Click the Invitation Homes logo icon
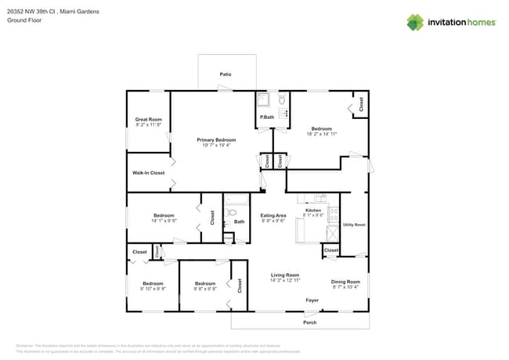(415, 22)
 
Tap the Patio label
(225, 74)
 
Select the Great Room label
(148, 119)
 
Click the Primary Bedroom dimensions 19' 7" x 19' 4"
(216, 145)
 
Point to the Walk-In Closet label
(148, 173)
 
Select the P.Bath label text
(267, 117)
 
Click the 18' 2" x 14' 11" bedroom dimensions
(321, 134)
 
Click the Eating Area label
(273, 215)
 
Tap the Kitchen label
(313, 211)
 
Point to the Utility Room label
(355, 225)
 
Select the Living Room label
(285, 275)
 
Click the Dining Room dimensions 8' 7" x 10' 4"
(345, 286)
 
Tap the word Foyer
(312, 300)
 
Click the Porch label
(310, 322)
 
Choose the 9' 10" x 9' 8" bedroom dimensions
(153, 289)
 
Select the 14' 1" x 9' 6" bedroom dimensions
(164, 221)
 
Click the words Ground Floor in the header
(23, 21)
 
